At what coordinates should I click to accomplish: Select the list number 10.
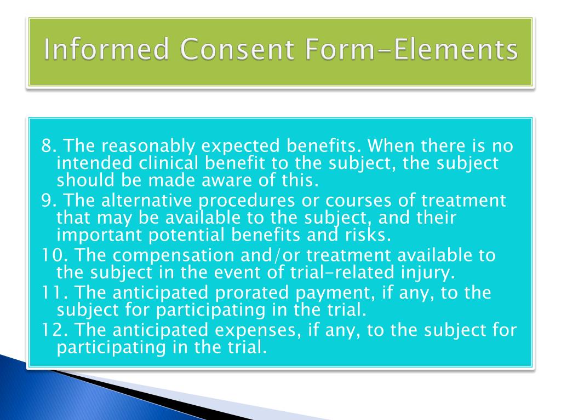(53, 255)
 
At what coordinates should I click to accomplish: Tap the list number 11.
(51, 293)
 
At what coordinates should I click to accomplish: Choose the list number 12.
(53, 330)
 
